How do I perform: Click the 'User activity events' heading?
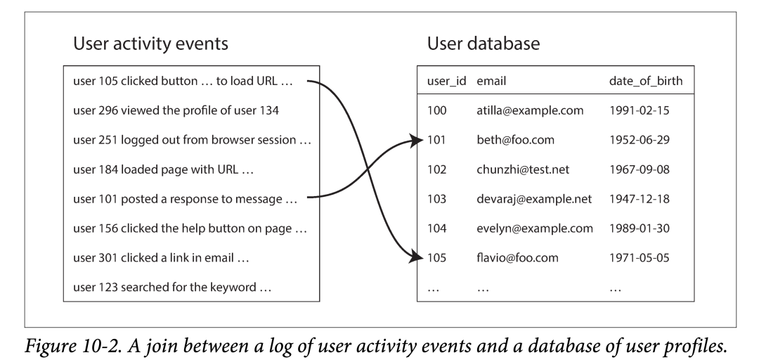pyautogui.click(x=150, y=44)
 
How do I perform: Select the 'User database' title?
pyautogui.click(x=483, y=44)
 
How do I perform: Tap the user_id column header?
pyautogui.click(x=446, y=81)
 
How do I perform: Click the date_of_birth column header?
pyautogui.click(x=646, y=81)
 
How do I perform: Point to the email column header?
pyautogui.click(x=491, y=81)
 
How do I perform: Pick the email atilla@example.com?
pyautogui.click(x=530, y=110)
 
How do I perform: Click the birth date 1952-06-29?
pyautogui.click(x=639, y=140)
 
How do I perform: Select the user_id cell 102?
pyautogui.click(x=436, y=169)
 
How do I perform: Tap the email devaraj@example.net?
pyautogui.click(x=534, y=199)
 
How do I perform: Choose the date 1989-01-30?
pyautogui.click(x=639, y=229)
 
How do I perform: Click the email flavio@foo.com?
pyautogui.click(x=517, y=258)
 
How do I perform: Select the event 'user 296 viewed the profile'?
pyautogui.click(x=176, y=110)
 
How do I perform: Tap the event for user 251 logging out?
pyautogui.click(x=192, y=140)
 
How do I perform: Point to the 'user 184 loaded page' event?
pyautogui.click(x=163, y=169)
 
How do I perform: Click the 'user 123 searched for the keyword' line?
pyautogui.click(x=172, y=288)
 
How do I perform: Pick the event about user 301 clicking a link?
pyautogui.click(x=161, y=258)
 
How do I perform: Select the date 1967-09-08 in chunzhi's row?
pyautogui.click(x=639, y=169)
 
